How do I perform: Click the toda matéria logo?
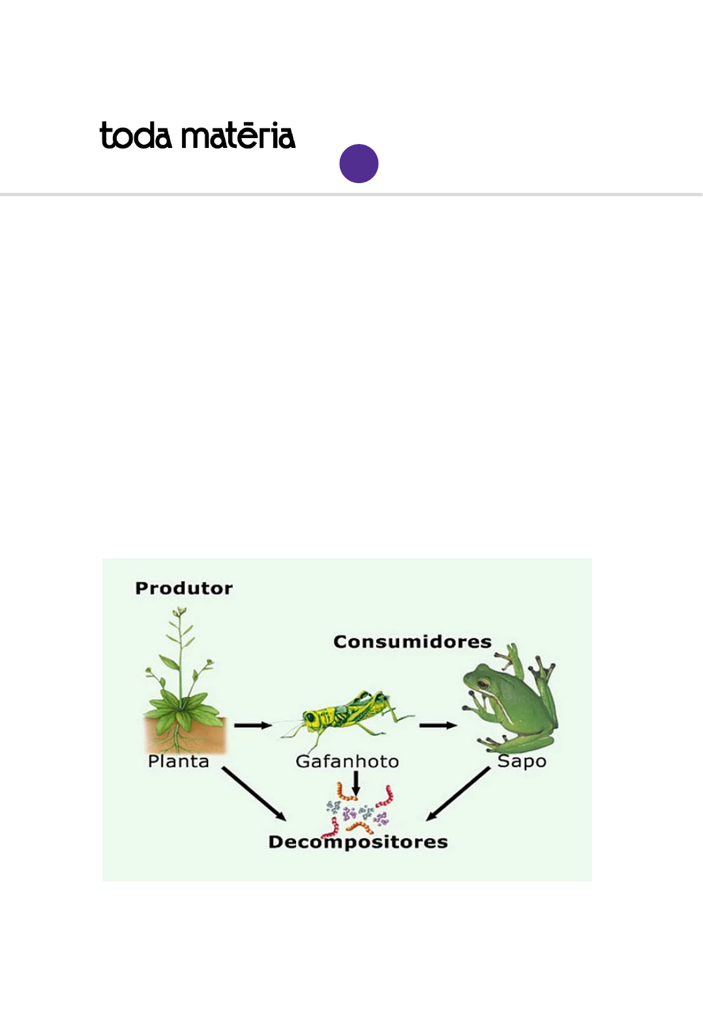[197, 136]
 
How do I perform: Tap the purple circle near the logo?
[359, 164]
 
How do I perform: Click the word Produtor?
[184, 588]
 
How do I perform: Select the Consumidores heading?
[412, 642]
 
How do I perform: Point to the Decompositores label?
[358, 842]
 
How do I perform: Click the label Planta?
[178, 761]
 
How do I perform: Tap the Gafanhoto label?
[347, 761]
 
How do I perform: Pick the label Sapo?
[522, 761]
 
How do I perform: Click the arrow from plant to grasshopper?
[253, 725]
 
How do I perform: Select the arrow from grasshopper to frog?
[438, 725]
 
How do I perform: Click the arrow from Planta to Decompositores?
[254, 794]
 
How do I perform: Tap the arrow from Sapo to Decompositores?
[458, 794]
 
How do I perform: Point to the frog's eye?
[483, 684]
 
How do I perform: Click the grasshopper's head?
[312, 718]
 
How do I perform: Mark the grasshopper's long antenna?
[287, 721]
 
